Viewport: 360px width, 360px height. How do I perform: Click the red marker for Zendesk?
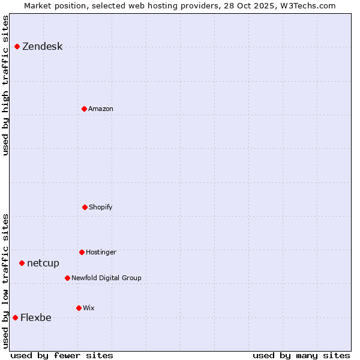(17, 46)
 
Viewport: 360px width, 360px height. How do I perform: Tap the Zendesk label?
(42, 47)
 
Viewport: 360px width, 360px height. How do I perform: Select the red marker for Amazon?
(84, 109)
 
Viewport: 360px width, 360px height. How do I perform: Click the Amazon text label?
(100, 109)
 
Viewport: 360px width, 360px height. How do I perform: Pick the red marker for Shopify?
(85, 207)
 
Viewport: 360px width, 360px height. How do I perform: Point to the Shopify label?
(100, 208)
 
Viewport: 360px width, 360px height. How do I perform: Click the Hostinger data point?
(82, 252)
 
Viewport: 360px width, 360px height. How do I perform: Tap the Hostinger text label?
(101, 253)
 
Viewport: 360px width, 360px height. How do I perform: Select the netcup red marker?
(22, 263)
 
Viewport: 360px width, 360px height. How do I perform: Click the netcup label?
(43, 263)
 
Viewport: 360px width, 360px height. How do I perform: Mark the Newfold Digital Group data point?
(67, 278)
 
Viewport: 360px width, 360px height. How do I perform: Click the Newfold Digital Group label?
(106, 278)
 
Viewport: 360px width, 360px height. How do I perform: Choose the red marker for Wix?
(79, 308)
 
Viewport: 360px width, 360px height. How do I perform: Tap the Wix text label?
(89, 308)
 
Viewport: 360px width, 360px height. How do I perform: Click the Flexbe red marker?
(15, 317)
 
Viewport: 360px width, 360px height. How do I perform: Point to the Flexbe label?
(36, 318)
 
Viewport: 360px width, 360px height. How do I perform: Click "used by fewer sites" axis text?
(62, 355)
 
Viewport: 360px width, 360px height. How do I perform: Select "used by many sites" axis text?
(301, 355)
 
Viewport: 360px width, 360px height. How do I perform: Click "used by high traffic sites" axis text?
(5, 85)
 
